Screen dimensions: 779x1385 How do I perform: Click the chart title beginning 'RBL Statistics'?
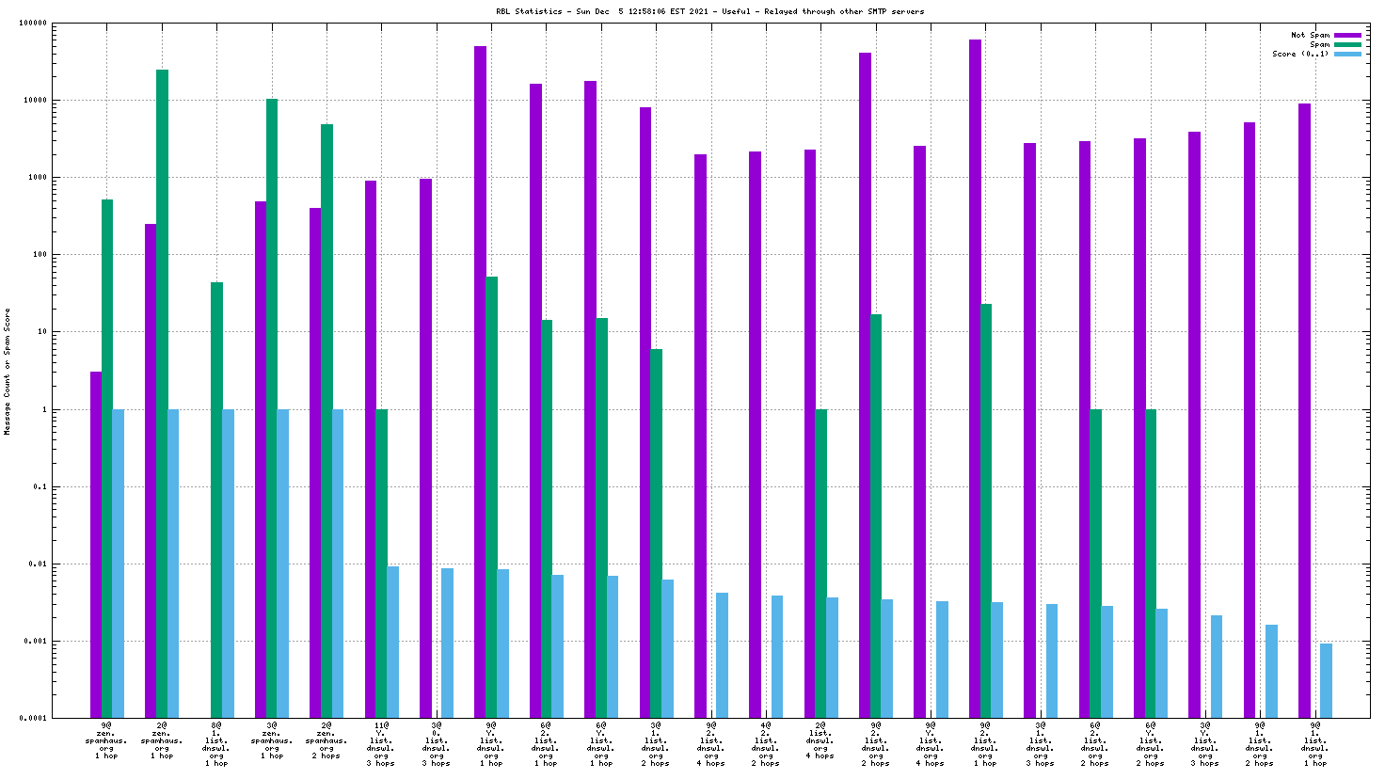click(709, 11)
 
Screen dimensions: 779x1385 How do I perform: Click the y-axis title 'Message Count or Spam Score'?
click(8, 371)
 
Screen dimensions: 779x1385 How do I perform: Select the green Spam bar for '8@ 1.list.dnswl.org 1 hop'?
click(216, 499)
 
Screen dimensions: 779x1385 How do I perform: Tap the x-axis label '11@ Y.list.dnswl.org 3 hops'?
click(381, 744)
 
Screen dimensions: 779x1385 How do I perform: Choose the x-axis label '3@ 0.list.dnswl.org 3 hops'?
click(437, 744)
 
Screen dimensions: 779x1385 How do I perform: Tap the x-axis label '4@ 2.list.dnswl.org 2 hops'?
click(766, 744)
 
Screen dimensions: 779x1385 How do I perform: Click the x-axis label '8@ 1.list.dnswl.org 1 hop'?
click(216, 744)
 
